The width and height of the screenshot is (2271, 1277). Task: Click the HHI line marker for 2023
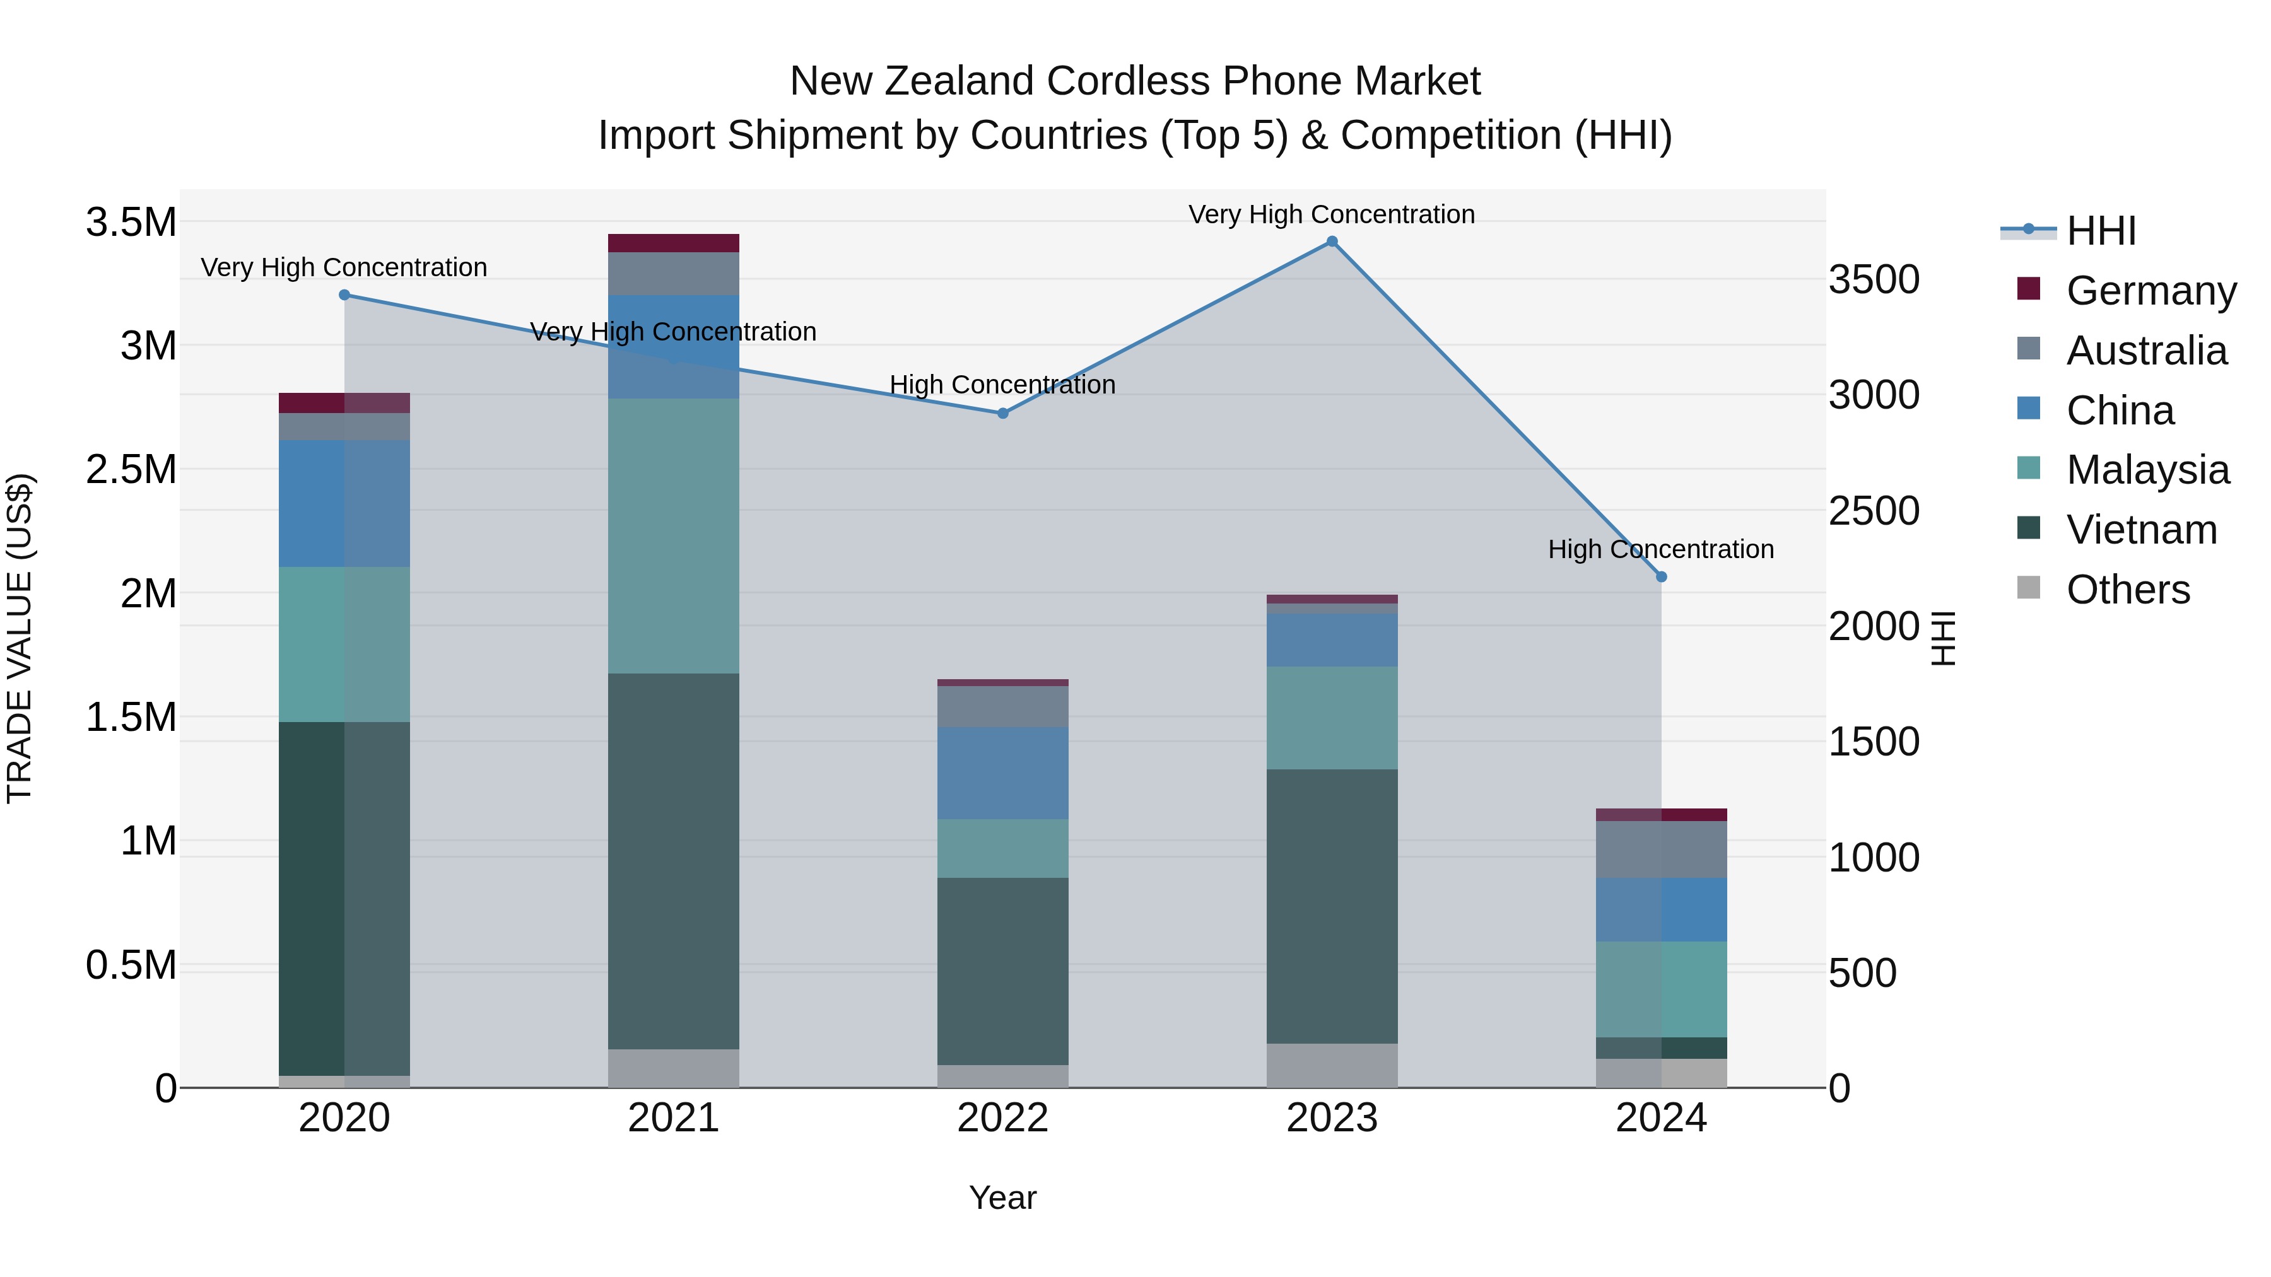click(1331, 242)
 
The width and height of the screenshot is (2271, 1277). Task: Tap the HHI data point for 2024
click(1661, 576)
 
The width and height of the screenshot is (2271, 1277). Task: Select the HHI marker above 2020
click(344, 295)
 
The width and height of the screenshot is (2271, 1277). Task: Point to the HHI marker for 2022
click(1002, 412)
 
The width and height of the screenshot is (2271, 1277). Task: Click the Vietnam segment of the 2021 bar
click(674, 860)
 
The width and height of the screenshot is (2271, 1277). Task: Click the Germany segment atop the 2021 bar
click(674, 243)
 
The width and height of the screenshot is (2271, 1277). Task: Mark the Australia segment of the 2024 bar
click(1661, 849)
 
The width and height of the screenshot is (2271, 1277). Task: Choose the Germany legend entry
click(2151, 290)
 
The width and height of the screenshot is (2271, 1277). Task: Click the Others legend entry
click(2127, 589)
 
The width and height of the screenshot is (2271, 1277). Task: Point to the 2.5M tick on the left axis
click(131, 469)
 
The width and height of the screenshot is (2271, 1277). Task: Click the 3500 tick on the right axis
click(1874, 279)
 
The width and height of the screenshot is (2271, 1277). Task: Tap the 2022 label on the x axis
click(1002, 1117)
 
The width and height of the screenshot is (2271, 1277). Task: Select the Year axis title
click(1002, 1198)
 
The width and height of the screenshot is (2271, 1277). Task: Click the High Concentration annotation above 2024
click(1661, 549)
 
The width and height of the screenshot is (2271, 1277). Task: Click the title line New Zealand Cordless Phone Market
click(1135, 81)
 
